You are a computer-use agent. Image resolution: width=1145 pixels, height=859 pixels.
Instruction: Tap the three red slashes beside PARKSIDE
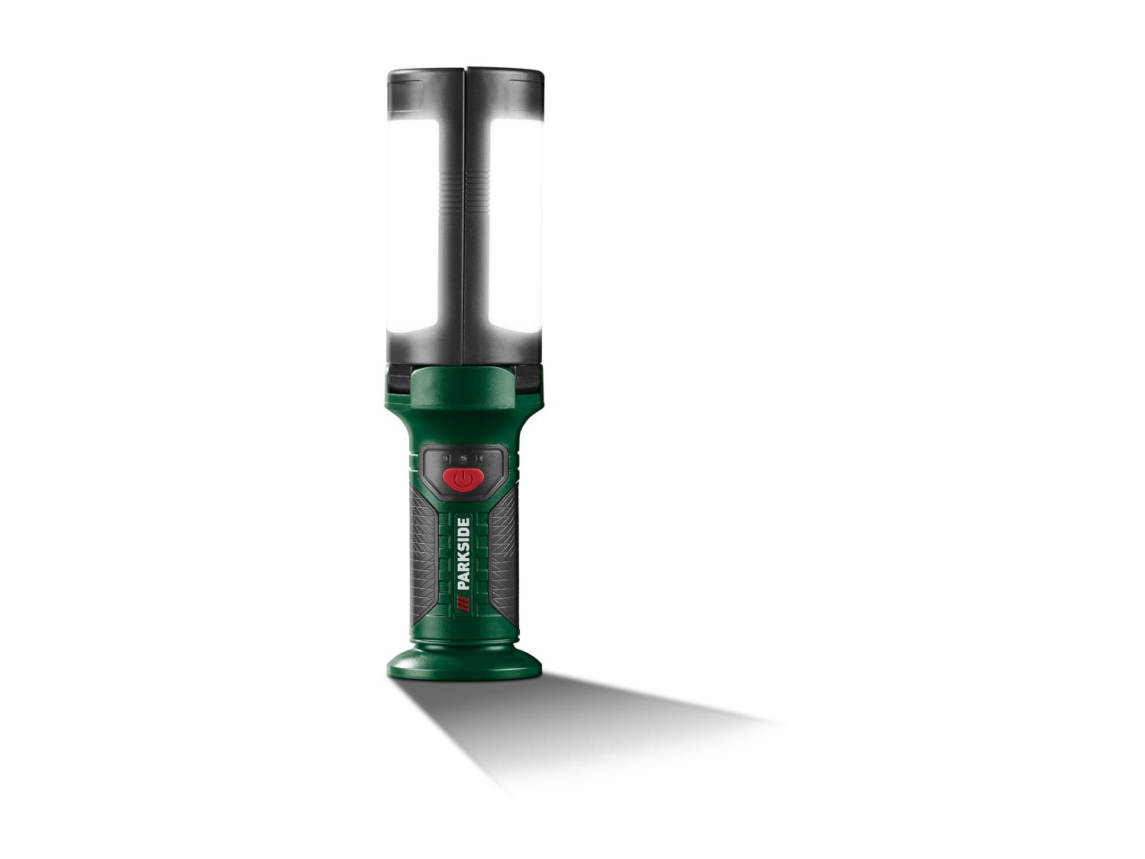click(463, 605)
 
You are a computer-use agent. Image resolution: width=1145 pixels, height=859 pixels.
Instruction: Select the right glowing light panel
click(516, 225)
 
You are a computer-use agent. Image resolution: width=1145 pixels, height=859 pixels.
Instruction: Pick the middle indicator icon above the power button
click(463, 458)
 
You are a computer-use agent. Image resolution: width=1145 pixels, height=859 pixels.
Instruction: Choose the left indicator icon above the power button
click(446, 458)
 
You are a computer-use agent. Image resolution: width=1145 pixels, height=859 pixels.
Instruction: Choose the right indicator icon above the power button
click(482, 458)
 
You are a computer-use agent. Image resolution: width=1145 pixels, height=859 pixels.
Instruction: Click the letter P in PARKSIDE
click(463, 585)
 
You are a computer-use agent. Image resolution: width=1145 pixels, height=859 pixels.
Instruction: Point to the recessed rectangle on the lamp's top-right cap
click(522, 82)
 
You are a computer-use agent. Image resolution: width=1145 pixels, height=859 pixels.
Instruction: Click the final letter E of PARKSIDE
click(463, 522)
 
